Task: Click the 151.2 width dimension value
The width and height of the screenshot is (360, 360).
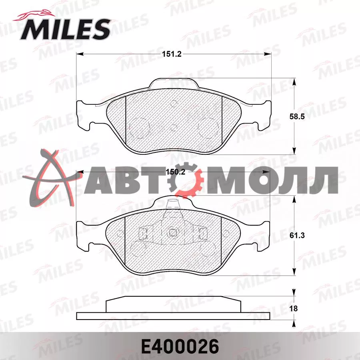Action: point(172,54)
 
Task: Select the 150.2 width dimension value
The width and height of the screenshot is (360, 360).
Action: point(175,172)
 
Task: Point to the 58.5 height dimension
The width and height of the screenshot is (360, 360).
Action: point(297,116)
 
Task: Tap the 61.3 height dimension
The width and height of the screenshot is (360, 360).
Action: point(297,235)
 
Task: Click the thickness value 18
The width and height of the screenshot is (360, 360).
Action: point(294,308)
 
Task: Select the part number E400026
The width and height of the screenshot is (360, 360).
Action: point(180,346)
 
